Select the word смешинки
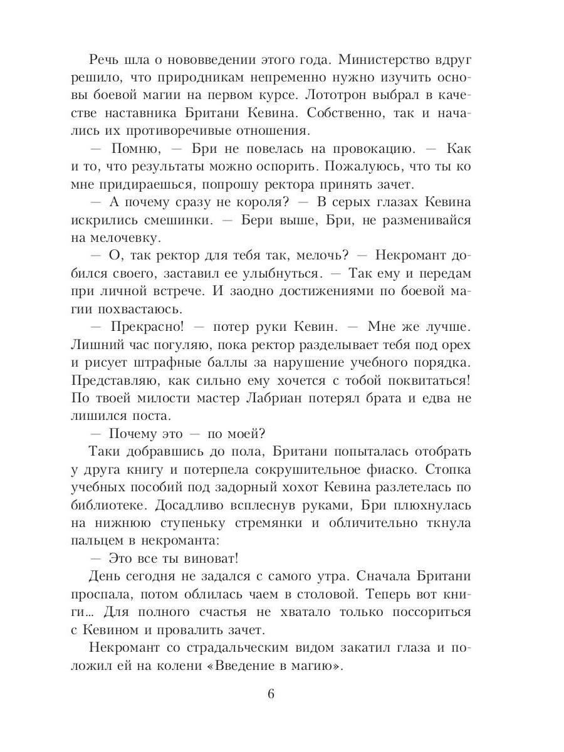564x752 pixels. click(177, 221)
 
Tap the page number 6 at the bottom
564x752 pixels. click(271, 695)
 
